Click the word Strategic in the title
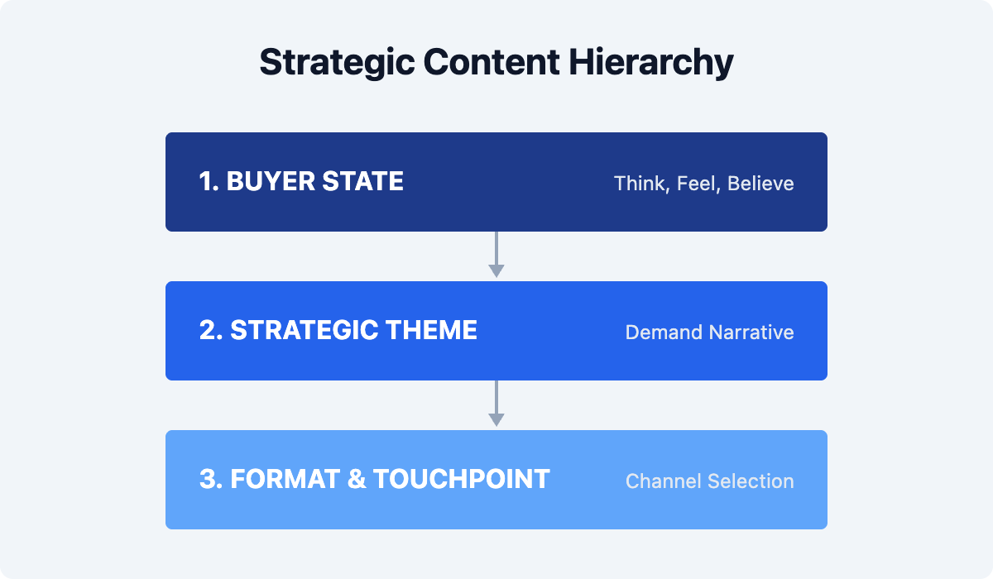(338, 63)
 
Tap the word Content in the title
(492, 62)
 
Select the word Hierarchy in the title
(651, 63)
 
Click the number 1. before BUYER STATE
(209, 181)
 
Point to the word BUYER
(271, 181)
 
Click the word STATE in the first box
(362, 181)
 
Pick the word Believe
(760, 184)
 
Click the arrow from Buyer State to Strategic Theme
(496, 254)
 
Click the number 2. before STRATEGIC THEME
(211, 330)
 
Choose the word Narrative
(751, 333)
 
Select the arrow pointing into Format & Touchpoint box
(496, 403)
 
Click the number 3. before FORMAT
(211, 479)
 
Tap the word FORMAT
(285, 479)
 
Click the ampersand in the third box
(357, 479)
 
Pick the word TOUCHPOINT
(462, 479)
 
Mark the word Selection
(751, 481)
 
